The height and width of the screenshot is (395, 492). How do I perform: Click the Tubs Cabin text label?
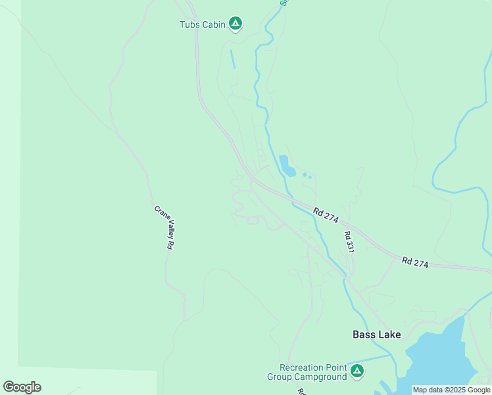click(x=203, y=24)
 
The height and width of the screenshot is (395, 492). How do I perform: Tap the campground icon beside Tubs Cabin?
click(x=235, y=24)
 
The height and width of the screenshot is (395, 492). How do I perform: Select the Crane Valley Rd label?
click(x=164, y=227)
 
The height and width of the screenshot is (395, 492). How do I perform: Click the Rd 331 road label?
click(x=349, y=242)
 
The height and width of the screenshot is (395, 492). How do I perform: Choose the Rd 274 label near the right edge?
click(x=415, y=262)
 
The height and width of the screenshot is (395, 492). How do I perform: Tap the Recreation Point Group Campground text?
click(x=307, y=372)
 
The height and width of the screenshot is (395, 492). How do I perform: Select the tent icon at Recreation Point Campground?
click(x=357, y=371)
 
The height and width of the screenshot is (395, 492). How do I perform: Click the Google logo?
click(x=22, y=387)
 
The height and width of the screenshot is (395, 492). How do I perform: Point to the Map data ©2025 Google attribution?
click(x=451, y=390)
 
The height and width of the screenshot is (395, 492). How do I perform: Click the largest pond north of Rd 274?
click(x=286, y=165)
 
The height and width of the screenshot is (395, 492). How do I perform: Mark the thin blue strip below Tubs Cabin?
click(x=232, y=59)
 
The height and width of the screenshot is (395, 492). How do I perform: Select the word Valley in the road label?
click(x=166, y=228)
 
